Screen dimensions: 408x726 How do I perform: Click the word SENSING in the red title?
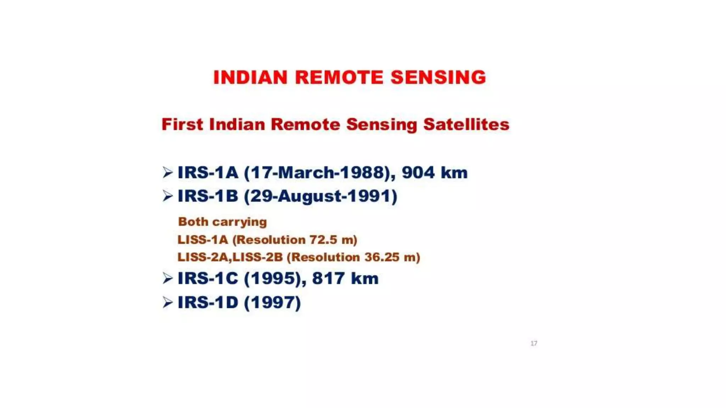(438, 78)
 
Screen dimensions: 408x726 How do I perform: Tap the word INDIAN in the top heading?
(250, 78)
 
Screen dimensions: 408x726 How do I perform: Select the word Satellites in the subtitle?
(466, 124)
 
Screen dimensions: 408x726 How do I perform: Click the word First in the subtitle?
(182, 124)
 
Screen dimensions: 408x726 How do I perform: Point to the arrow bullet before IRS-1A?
(167, 172)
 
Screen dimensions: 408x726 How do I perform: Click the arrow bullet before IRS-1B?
(167, 196)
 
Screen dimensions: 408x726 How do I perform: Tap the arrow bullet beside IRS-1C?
(167, 278)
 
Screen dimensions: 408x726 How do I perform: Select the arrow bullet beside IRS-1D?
(167, 302)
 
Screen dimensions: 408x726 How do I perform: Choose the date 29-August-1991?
(320, 196)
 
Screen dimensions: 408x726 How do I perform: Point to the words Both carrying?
(222, 222)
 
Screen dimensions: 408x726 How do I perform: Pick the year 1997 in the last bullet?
(272, 302)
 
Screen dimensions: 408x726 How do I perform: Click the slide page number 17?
(534, 343)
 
